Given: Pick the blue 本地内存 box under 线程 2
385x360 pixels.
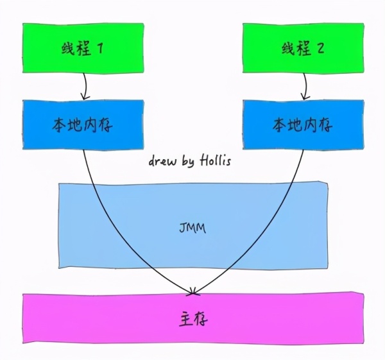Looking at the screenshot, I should tap(302, 126).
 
